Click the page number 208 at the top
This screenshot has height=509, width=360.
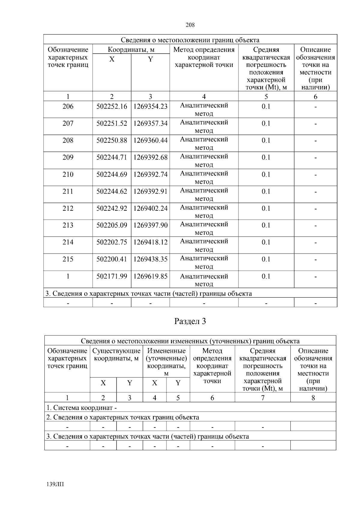(x=190, y=25)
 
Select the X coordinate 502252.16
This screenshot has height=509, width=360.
(x=112, y=106)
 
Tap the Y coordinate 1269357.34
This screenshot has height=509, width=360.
(x=150, y=124)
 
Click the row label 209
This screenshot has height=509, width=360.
(x=68, y=157)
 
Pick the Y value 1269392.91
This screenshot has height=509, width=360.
(x=150, y=192)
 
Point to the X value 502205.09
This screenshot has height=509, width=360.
(x=112, y=225)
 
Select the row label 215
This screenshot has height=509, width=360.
(x=68, y=259)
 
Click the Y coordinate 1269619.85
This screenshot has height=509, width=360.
(x=150, y=276)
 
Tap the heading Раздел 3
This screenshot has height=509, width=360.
(x=190, y=321)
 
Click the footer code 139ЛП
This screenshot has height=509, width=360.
(x=55, y=484)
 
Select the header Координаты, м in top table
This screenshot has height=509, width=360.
(x=131, y=50)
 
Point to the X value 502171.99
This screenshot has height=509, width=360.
(x=112, y=276)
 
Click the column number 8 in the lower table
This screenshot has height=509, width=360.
(x=313, y=398)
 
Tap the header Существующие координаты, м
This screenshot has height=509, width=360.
(x=116, y=355)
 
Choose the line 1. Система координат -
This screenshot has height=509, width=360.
(x=82, y=408)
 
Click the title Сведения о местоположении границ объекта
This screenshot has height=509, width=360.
(x=190, y=40)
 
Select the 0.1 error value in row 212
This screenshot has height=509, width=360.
(x=266, y=208)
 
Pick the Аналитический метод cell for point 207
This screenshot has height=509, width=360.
(x=204, y=126)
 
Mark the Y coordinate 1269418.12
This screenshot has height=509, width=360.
(x=150, y=242)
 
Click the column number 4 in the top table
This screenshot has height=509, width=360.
(x=204, y=97)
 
